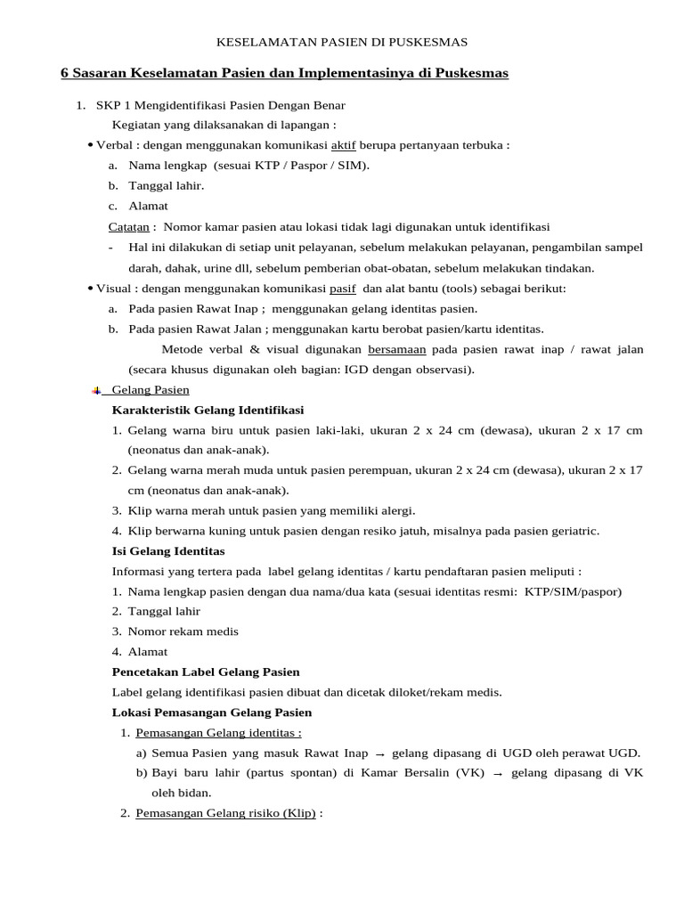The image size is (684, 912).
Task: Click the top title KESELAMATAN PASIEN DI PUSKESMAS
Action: coord(343,42)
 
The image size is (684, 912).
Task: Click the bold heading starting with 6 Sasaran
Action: coord(284,73)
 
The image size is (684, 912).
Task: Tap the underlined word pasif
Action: coord(342,289)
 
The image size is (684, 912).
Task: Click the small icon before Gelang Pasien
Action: coord(96,390)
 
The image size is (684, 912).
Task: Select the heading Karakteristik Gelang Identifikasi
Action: coord(208,410)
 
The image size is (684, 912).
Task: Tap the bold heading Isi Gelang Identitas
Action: coord(168,551)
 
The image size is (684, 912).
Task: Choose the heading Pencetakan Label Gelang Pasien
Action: coord(206,672)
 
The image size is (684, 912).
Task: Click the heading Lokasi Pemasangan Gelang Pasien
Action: coord(212,712)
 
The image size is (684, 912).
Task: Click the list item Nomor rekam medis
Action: coord(183,631)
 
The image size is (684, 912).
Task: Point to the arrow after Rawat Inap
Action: coord(379,753)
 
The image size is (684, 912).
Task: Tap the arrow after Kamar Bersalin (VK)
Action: coord(498,774)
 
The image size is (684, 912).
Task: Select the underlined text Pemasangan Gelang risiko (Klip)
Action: coord(225,813)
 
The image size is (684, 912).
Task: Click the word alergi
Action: coord(398,510)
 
